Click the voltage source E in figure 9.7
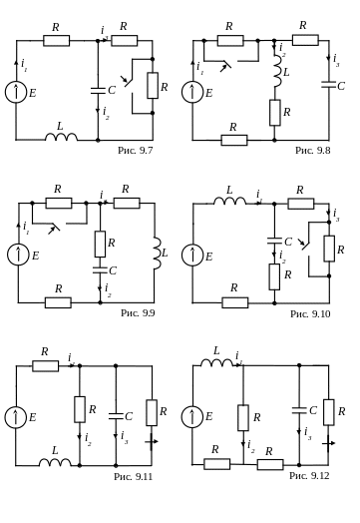tap(16, 92)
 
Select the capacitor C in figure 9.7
tap(98, 91)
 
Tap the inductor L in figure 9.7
tap(62, 137)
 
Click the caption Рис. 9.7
tap(136, 150)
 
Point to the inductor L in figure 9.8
tap(277, 72)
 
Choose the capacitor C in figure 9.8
tap(329, 84)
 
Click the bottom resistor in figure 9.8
tap(234, 140)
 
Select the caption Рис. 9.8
tap(313, 150)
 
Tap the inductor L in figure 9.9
tap(158, 254)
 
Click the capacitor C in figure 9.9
tap(100, 269)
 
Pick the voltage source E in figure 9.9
tap(18, 255)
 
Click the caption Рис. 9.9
tap(138, 312)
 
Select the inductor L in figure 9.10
tap(229, 201)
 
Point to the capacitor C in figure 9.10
tap(274, 242)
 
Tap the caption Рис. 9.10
tap(310, 313)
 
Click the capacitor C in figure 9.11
tap(116, 416)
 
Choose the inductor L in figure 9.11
tap(55, 463)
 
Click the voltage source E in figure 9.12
tap(192, 416)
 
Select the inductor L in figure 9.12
tap(216, 363)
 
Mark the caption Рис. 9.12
tap(309, 475)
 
